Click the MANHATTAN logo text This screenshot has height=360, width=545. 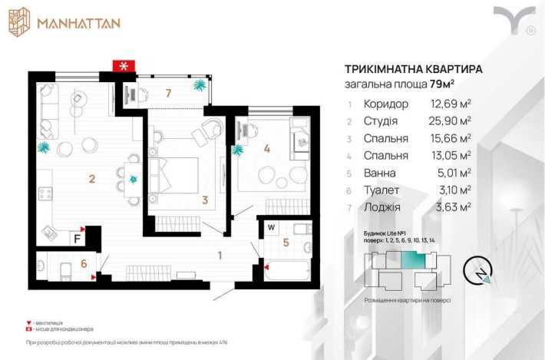pos(78,22)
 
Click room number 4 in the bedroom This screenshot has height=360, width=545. pos(267,150)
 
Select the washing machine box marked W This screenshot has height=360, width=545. pos(272,227)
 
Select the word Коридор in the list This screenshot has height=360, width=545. pos(388,104)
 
